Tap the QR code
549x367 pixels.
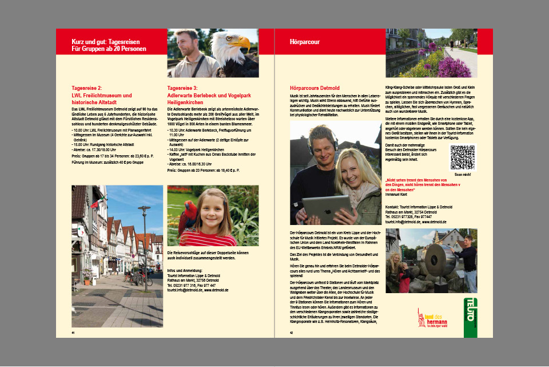coord(462,157)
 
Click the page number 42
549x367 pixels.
coord(292,333)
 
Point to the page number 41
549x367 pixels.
coord(73,333)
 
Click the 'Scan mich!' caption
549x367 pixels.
coord(462,174)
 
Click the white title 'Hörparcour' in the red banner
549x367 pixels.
coord(305,42)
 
